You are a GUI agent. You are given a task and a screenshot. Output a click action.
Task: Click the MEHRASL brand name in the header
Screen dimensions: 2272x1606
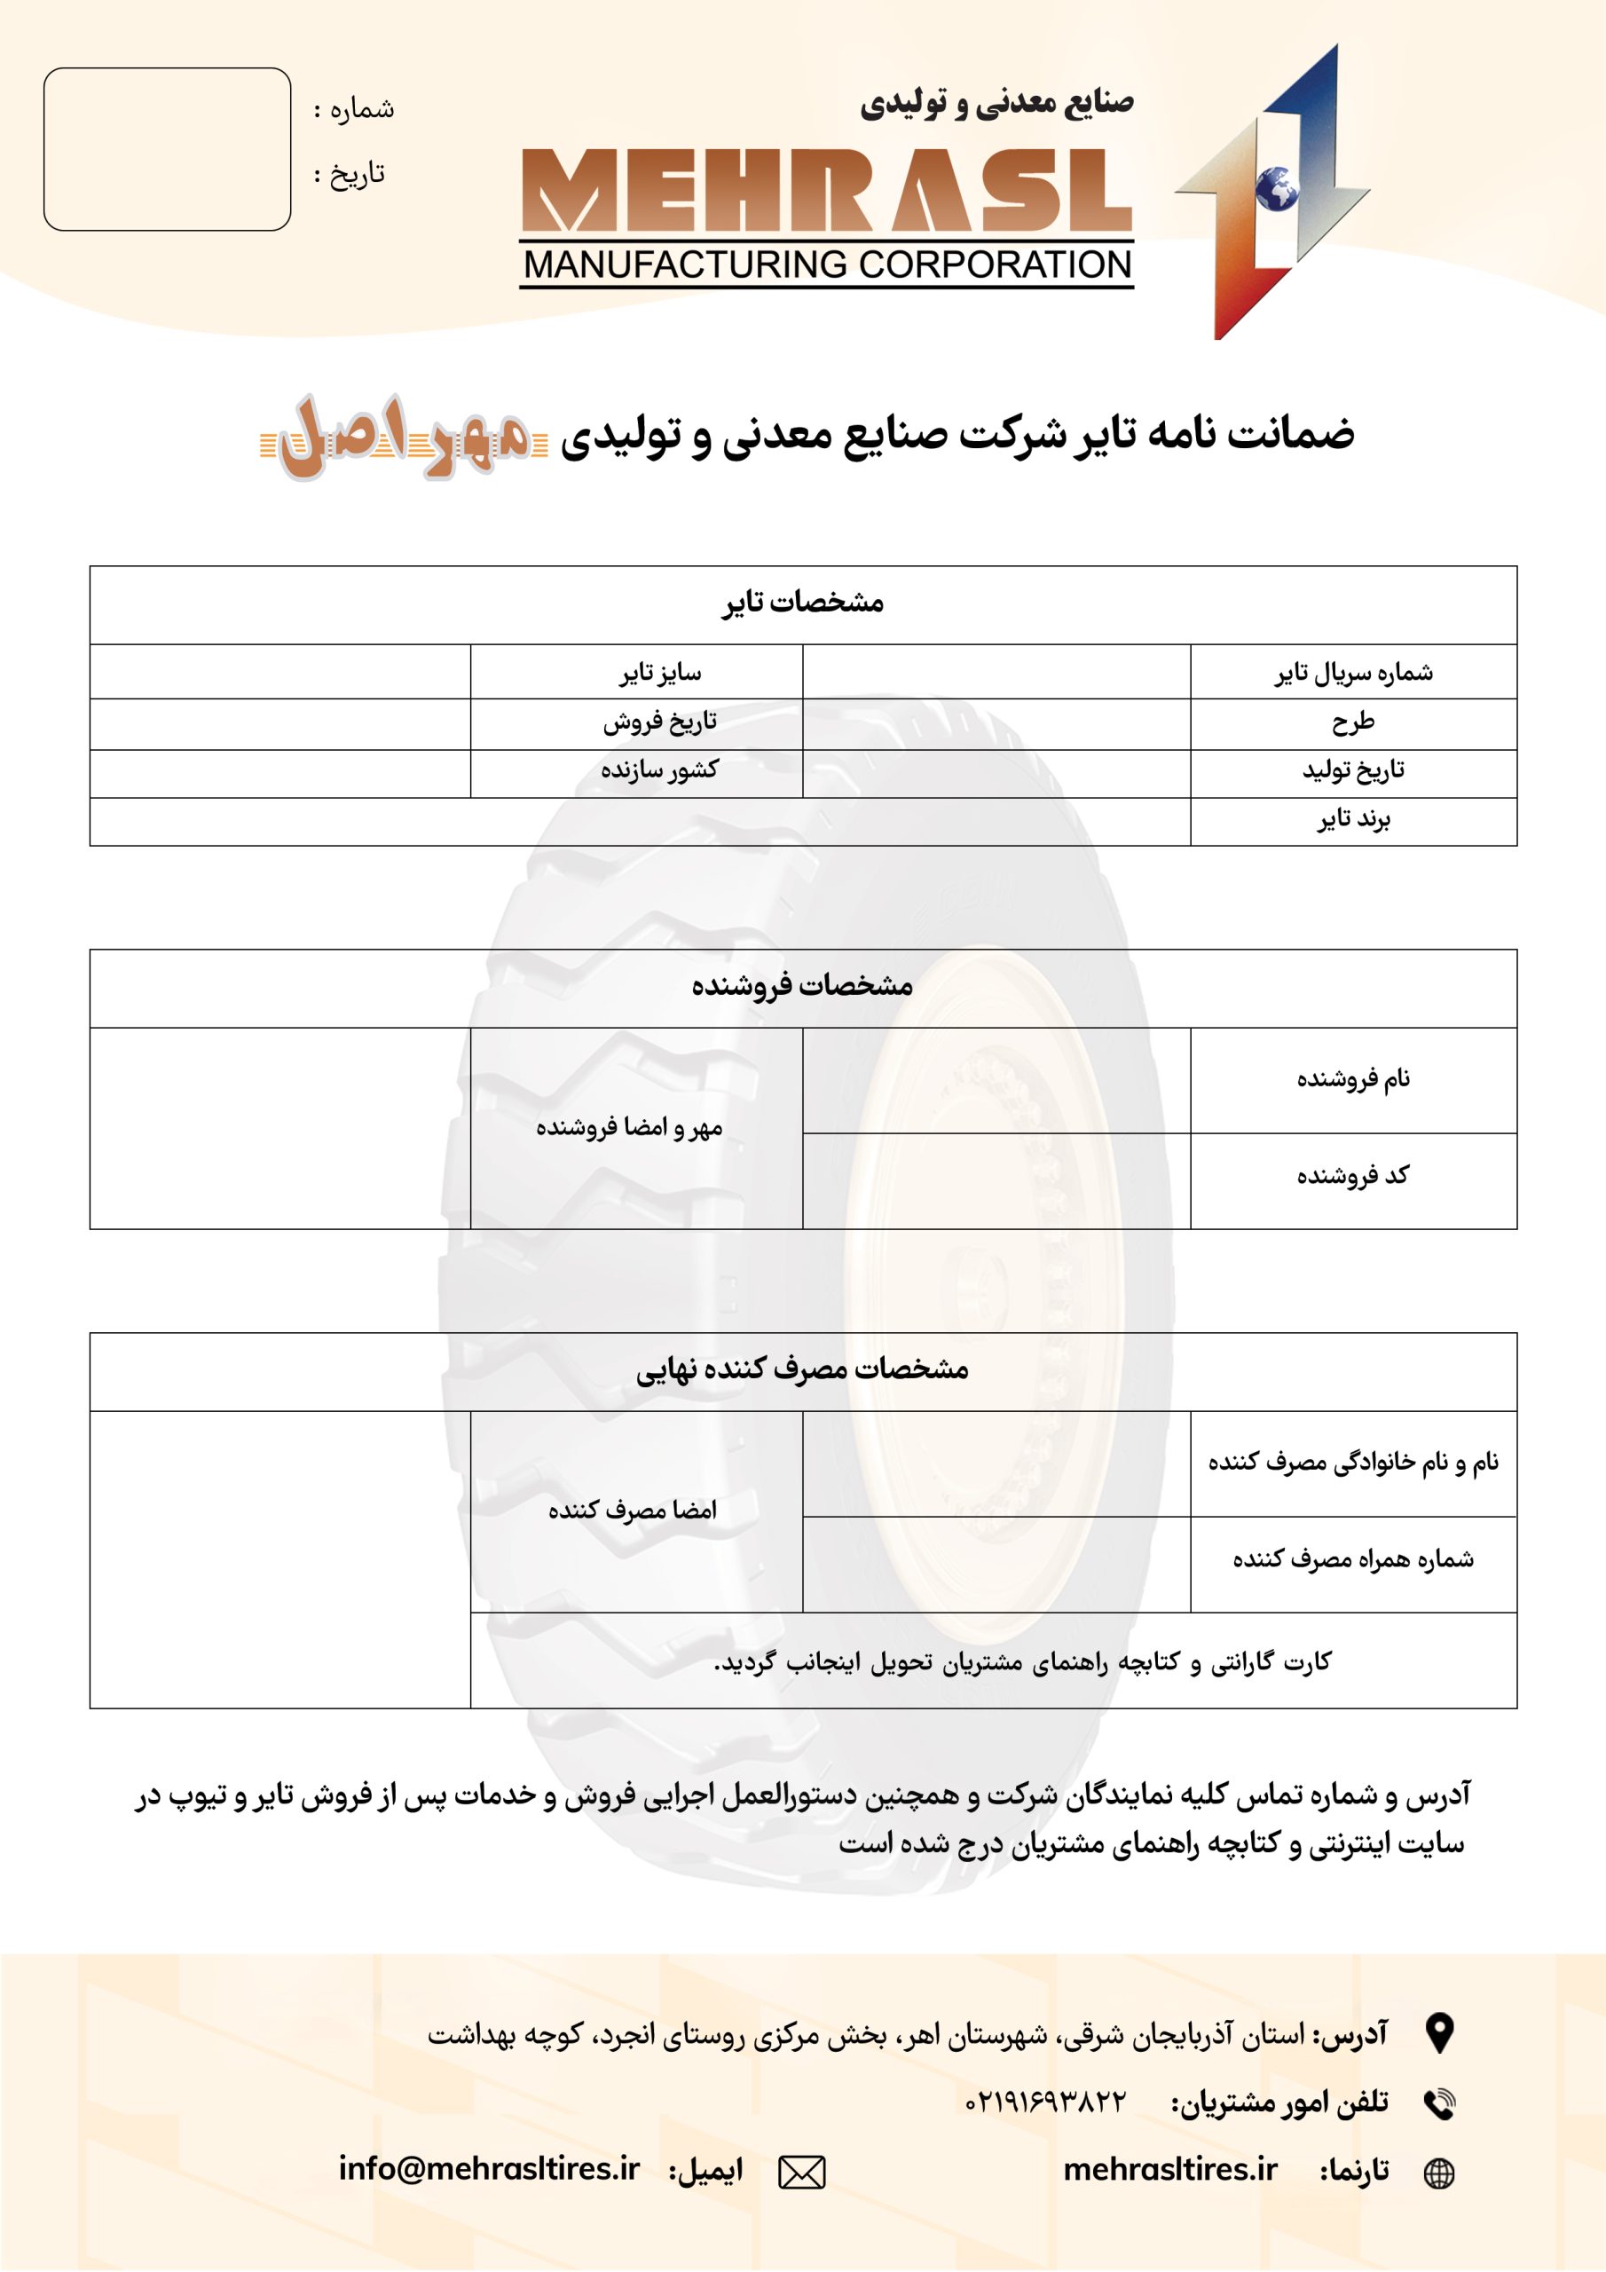(826, 192)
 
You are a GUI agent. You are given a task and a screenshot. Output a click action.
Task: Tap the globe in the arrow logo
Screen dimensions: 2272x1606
(1277, 189)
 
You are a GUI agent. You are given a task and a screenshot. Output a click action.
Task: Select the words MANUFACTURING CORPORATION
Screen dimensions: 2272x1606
(826, 265)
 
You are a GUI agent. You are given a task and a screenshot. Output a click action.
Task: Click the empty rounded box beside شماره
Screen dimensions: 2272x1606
(167, 149)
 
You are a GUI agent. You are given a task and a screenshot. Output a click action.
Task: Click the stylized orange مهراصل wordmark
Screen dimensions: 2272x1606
(404, 437)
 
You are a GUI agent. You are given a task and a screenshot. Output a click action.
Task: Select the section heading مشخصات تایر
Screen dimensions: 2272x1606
(802, 603)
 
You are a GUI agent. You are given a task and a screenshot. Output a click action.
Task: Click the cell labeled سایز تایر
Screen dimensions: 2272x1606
(660, 673)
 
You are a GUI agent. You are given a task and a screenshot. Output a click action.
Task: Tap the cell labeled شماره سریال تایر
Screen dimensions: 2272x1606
(1353, 673)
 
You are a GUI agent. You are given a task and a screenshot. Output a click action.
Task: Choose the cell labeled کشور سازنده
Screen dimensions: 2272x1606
(659, 769)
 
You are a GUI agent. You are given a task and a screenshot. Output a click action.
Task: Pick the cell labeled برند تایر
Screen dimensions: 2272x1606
(1353, 819)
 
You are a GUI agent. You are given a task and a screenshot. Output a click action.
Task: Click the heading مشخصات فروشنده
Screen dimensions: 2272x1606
(802, 986)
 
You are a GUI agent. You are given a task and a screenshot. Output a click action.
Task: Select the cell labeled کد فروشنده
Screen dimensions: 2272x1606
(1353, 1176)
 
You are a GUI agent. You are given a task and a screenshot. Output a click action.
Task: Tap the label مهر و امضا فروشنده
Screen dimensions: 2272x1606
(629, 1127)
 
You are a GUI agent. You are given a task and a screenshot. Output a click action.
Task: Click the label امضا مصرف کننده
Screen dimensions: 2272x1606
(633, 1510)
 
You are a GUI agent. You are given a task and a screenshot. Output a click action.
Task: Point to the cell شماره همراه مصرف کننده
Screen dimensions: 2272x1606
(1353, 1559)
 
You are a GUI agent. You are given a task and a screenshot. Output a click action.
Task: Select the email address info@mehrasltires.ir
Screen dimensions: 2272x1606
(489, 2168)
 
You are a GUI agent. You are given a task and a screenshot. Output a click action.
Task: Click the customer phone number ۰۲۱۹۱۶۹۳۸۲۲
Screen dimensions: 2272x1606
(1045, 2101)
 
